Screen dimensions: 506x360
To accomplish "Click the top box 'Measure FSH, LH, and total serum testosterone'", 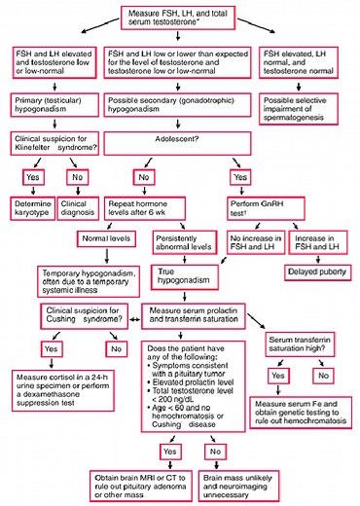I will (179, 17).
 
